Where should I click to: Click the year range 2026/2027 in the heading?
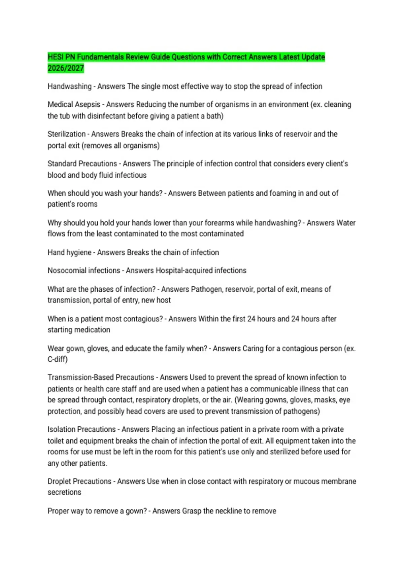[x=66, y=68]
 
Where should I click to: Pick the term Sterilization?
[x=67, y=134]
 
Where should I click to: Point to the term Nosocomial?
[x=67, y=271]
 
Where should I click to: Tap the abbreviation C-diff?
[x=57, y=359]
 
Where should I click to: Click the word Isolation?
[x=62, y=430]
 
